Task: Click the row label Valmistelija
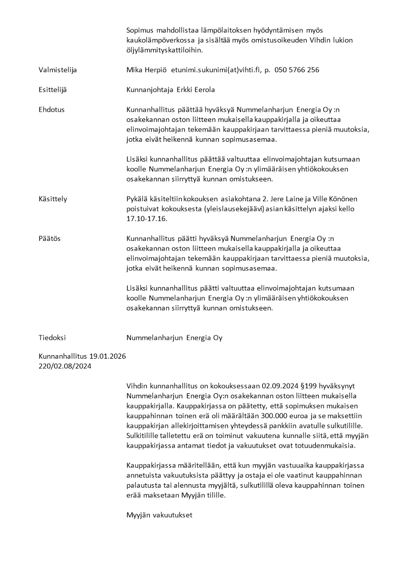coord(58,70)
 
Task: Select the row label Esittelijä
coord(53,90)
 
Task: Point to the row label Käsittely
coord(52,199)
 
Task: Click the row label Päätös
coord(49,239)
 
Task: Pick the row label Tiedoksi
coord(52,338)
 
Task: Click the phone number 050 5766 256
coord(297,70)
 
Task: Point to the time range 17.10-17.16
coord(146,219)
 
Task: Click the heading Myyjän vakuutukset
coord(159,515)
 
